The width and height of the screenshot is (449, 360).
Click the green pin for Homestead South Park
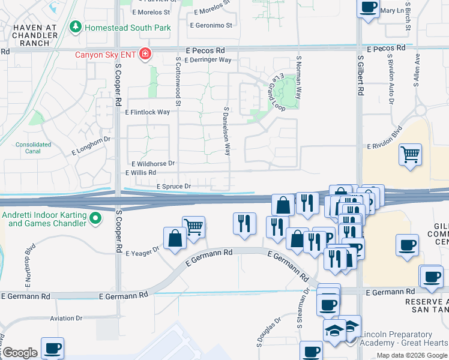click(76, 27)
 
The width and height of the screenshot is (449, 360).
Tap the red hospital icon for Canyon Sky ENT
click(144, 55)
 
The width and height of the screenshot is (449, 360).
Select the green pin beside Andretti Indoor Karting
click(95, 220)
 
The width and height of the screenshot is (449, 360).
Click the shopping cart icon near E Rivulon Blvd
click(411, 155)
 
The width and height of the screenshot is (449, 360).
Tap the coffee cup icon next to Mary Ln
click(369, 8)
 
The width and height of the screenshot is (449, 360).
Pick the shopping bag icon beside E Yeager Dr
click(175, 238)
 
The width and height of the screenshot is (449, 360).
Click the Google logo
click(20, 353)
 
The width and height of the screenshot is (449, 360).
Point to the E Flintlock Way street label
click(147, 112)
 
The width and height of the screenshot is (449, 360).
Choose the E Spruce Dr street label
click(173, 187)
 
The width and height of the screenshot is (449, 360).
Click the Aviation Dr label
click(67, 318)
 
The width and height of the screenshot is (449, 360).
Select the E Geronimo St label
click(211, 25)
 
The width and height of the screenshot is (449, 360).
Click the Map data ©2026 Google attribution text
click(411, 355)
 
